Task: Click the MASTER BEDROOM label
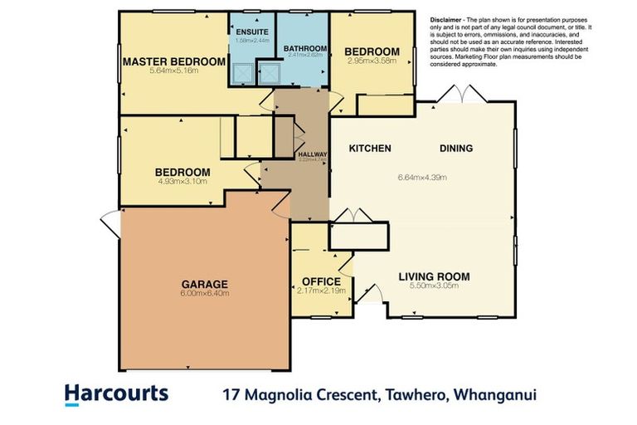pos(174,61)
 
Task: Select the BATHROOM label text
pos(301,48)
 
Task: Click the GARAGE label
pos(204,283)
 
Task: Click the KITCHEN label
pos(369,149)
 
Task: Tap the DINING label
pos(455,149)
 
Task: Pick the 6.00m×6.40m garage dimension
pos(205,293)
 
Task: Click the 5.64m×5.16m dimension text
pos(176,71)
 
